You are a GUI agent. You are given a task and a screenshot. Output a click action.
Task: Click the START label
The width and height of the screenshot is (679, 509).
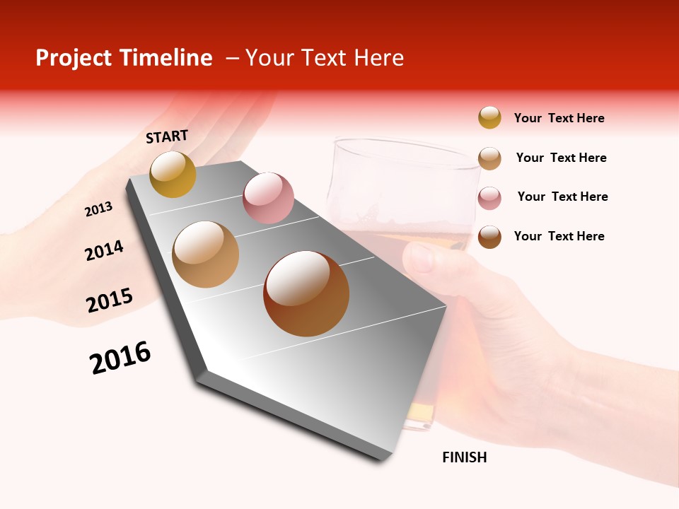(x=167, y=136)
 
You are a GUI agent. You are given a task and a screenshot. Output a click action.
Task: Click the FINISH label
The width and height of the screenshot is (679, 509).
(x=464, y=457)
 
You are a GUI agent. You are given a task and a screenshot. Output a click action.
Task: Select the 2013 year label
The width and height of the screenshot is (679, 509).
(x=98, y=209)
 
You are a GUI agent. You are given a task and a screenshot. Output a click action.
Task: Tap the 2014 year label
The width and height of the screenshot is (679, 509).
(x=104, y=251)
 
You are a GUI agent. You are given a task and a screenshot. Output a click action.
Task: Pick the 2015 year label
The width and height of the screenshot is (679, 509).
(x=110, y=300)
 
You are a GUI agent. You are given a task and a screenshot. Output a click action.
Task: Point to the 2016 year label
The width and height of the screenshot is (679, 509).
(x=120, y=358)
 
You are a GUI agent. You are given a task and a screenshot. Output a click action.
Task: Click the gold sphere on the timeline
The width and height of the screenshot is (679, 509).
(x=173, y=174)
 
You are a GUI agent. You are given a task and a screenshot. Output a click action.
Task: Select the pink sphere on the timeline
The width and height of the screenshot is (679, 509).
(x=268, y=198)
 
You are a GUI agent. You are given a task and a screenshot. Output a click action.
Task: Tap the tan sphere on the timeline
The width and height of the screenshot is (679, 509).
(x=205, y=255)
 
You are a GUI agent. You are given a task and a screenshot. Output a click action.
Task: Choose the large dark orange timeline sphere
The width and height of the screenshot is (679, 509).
(x=306, y=293)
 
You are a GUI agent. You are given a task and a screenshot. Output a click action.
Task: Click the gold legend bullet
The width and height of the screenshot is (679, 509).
(x=489, y=117)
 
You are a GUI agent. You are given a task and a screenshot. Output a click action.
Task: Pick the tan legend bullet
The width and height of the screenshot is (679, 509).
(x=489, y=158)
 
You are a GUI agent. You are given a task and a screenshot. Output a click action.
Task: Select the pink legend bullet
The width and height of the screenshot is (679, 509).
(x=489, y=198)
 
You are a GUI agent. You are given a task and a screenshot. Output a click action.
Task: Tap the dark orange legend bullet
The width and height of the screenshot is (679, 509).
(x=489, y=237)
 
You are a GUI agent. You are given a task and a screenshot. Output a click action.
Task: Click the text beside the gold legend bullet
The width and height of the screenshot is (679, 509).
(x=559, y=118)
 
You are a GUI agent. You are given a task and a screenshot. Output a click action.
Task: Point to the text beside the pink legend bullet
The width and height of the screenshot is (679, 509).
(x=562, y=197)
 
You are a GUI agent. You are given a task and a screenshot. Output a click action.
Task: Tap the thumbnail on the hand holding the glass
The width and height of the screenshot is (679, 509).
(x=422, y=259)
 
